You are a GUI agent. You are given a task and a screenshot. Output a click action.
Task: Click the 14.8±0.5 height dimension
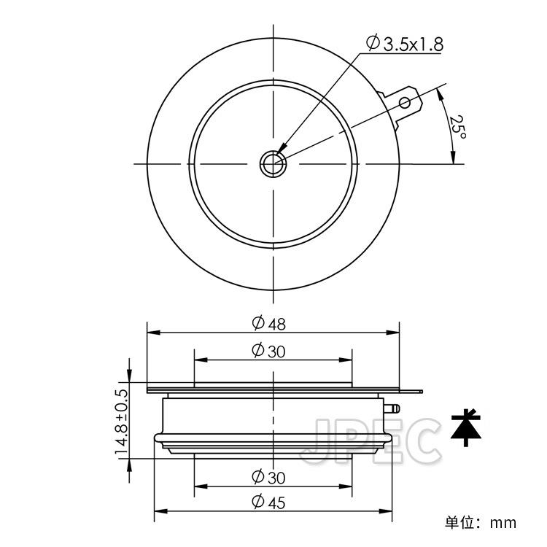point(121,423)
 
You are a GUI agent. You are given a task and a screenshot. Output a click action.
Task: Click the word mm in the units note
point(503,522)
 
